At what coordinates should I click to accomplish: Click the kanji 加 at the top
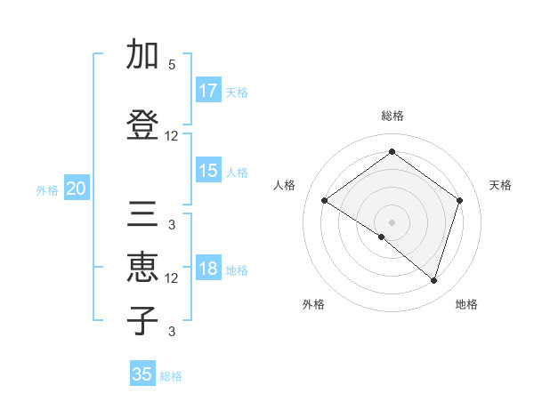(x=142, y=55)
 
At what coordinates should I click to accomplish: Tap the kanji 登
(x=142, y=124)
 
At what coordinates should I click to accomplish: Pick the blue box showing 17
(x=208, y=91)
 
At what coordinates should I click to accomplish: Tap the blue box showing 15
(x=208, y=171)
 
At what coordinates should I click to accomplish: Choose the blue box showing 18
(x=208, y=269)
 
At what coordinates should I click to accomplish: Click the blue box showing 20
(x=77, y=189)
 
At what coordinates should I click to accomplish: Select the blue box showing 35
(x=142, y=374)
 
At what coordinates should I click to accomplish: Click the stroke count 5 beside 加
(x=172, y=65)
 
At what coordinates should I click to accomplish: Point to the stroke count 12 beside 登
(x=172, y=136)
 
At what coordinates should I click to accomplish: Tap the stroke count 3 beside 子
(x=172, y=333)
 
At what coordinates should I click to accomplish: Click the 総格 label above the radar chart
(x=392, y=116)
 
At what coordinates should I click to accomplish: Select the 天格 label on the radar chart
(x=500, y=185)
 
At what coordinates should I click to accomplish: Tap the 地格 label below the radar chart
(x=466, y=305)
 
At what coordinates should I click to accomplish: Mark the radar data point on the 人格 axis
(x=325, y=201)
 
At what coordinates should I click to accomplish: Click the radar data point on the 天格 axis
(x=459, y=200)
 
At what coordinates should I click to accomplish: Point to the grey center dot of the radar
(x=392, y=221)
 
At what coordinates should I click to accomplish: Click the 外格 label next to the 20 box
(x=47, y=189)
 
